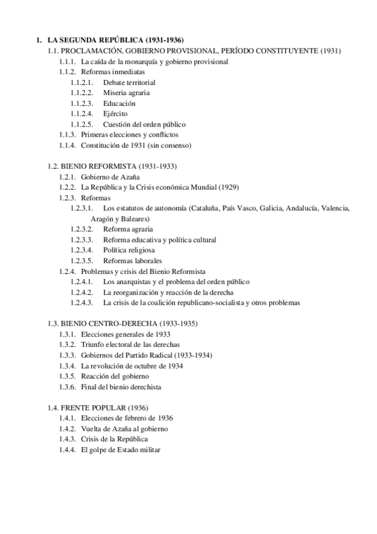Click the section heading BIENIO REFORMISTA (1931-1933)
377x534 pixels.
(x=118, y=166)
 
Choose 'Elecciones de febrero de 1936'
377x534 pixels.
(x=127, y=418)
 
